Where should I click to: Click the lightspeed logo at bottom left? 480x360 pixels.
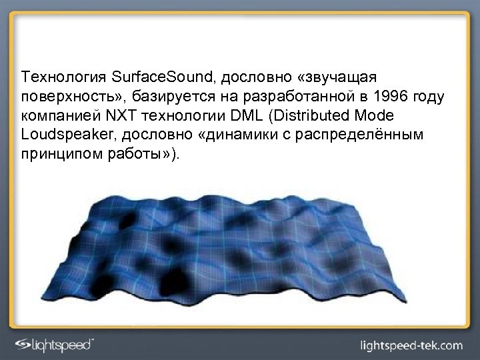(x=57, y=343)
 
